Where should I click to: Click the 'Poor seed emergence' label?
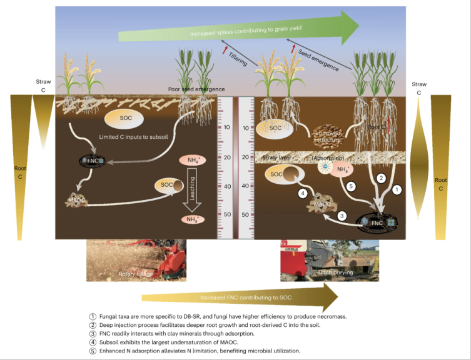pos(196,89)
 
